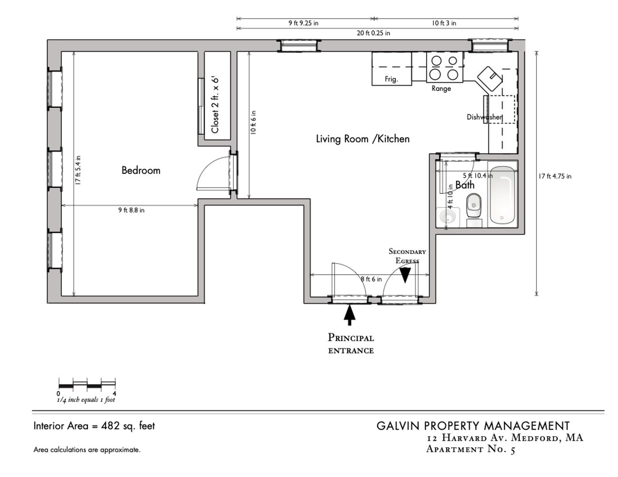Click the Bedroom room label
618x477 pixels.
point(141,170)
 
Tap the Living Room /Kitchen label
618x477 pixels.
point(362,139)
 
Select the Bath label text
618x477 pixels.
point(465,185)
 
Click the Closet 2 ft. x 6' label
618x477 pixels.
point(215,105)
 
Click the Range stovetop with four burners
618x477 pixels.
point(444,67)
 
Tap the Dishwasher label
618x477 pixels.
point(484,117)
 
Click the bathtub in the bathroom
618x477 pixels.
point(503,195)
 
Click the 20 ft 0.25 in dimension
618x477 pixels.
point(374,33)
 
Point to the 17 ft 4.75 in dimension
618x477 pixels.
point(555,176)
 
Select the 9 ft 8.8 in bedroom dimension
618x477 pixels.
point(131,210)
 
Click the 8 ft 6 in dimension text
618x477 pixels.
point(371,279)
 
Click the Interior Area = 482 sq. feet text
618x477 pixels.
point(94,426)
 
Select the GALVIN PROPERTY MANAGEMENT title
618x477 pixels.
point(473,426)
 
